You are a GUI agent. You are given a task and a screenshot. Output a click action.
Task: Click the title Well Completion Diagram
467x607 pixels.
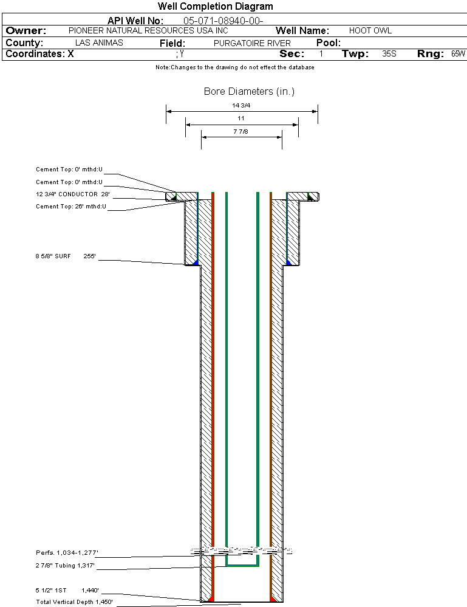click(215, 6)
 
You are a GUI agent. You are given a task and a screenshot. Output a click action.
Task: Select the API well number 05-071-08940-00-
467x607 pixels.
click(223, 21)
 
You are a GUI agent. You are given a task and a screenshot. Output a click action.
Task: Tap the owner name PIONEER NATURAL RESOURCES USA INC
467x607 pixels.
click(148, 30)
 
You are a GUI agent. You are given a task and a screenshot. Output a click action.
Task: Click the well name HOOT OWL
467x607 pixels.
click(370, 30)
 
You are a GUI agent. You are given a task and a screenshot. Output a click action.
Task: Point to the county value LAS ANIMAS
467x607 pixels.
click(99, 43)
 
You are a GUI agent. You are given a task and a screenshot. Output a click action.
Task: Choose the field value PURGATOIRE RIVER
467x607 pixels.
click(252, 43)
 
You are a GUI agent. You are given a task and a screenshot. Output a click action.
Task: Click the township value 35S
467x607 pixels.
click(389, 54)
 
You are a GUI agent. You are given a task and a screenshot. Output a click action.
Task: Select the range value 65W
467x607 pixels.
click(458, 54)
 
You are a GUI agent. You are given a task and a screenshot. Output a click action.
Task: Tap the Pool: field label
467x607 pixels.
click(329, 43)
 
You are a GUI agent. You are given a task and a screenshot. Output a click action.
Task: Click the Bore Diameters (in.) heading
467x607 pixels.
click(249, 91)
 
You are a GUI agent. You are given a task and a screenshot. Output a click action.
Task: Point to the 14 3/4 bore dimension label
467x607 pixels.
click(241, 105)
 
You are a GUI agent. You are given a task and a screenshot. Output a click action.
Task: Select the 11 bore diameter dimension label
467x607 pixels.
click(241, 118)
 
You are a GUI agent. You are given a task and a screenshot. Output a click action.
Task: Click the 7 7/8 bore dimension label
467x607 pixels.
click(240, 132)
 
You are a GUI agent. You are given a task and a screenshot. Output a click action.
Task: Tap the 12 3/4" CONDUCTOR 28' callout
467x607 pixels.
click(73, 194)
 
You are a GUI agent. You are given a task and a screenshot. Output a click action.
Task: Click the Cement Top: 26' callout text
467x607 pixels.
click(71, 207)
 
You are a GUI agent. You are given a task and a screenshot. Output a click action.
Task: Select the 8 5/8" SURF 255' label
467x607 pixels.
click(66, 256)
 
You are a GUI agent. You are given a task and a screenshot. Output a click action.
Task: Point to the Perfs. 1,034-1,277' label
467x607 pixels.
click(67, 552)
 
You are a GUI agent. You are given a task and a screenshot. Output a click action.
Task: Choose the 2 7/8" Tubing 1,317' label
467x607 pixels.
click(65, 566)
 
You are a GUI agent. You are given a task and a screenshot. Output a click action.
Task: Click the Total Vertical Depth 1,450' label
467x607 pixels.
click(74, 602)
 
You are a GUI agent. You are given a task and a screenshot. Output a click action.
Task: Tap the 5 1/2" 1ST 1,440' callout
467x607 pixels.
click(67, 591)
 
